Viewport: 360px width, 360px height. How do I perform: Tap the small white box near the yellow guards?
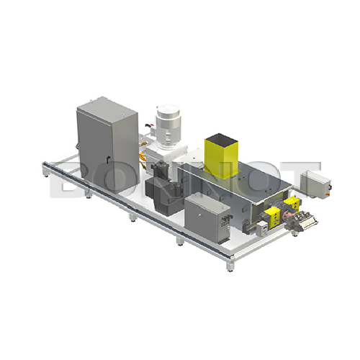click(x=264, y=227)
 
